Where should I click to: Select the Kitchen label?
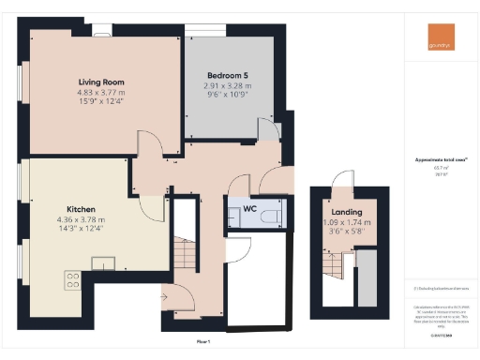click(79, 209)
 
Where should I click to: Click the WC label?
click(249, 208)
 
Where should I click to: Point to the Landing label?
click(347, 213)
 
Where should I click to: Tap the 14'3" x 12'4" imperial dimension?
click(79, 230)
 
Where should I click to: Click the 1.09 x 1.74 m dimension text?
click(347, 223)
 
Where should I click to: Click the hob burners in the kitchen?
click(72, 277)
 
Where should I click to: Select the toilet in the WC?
click(268, 217)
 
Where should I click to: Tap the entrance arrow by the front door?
click(164, 298)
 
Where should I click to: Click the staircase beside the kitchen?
click(185, 257)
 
